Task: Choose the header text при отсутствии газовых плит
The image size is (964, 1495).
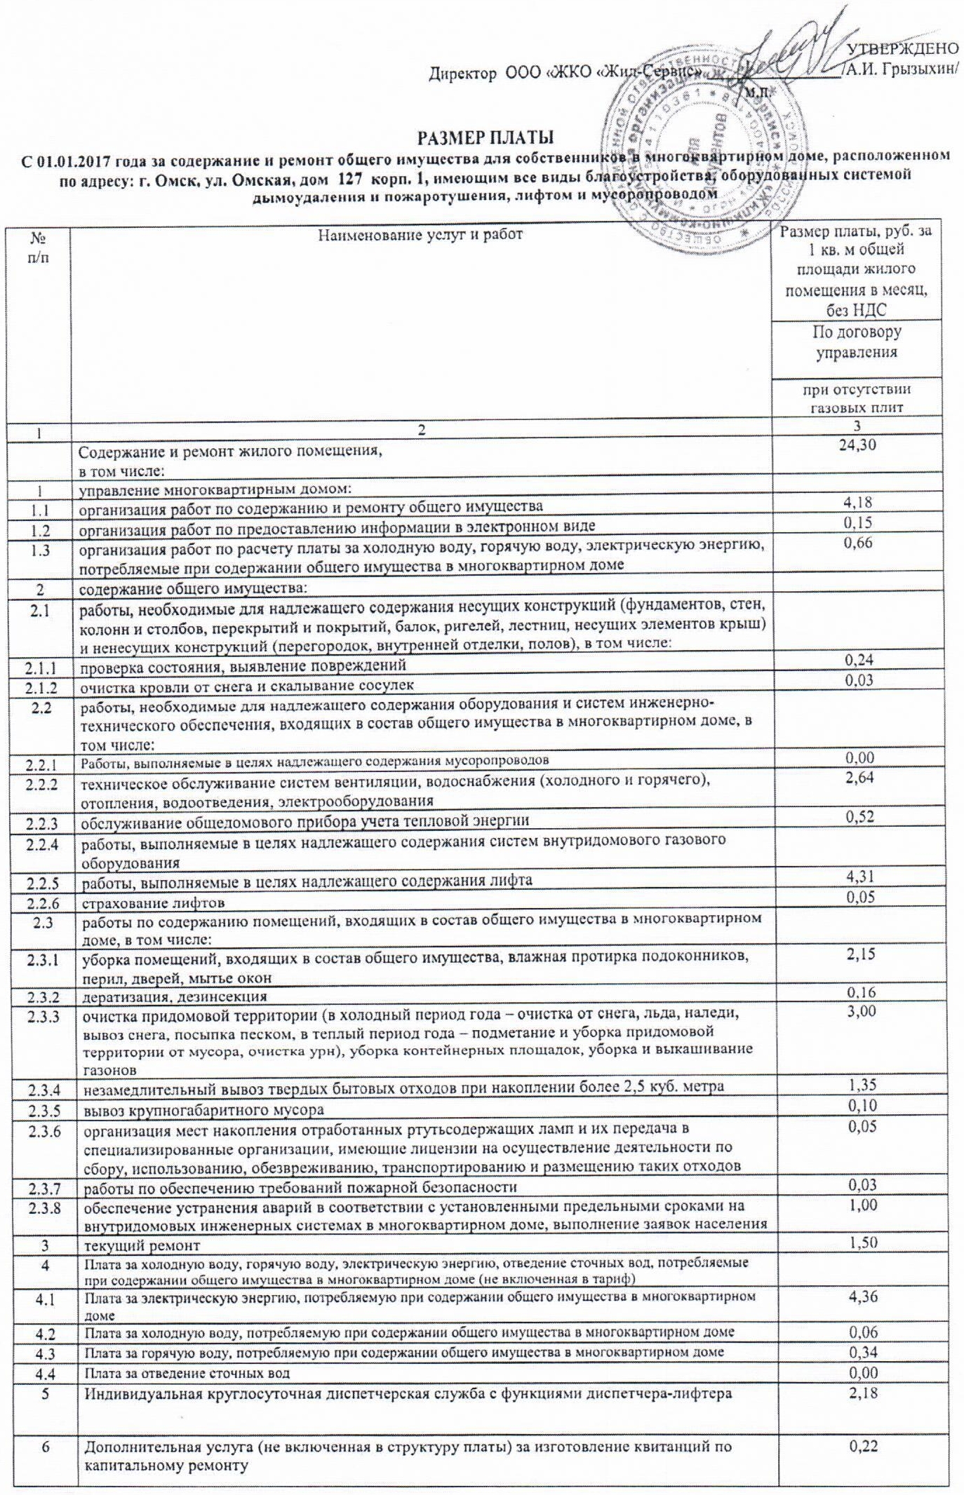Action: (x=856, y=398)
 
